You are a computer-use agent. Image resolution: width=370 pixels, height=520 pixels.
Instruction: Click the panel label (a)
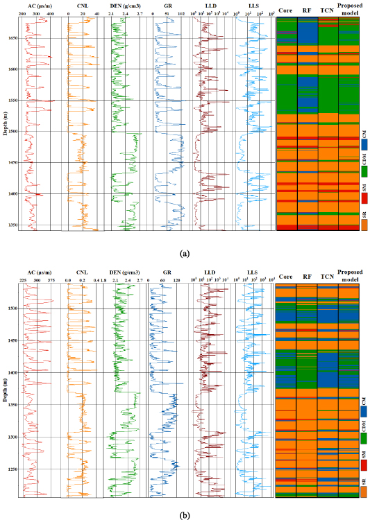pyautogui.click(x=185, y=254)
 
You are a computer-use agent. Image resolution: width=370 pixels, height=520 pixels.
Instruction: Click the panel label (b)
pyautogui.click(x=184, y=515)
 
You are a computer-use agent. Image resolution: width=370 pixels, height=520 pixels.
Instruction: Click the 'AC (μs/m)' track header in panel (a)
pyautogui.click(x=34, y=7)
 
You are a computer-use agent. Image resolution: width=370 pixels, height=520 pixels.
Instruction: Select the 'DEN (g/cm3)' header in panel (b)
pyautogui.click(x=126, y=273)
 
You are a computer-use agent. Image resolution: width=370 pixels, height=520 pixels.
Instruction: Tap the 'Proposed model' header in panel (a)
pyautogui.click(x=350, y=10)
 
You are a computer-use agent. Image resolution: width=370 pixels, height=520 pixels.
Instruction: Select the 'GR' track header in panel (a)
pyautogui.click(x=166, y=7)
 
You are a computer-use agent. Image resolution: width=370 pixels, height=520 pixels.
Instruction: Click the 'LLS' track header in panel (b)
pyautogui.click(x=252, y=273)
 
